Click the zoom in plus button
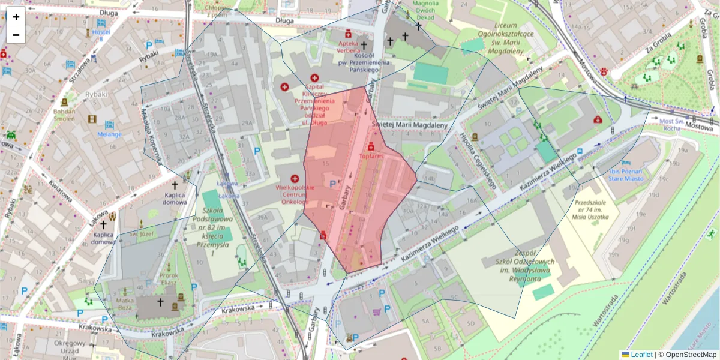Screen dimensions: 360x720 (x=16, y=17)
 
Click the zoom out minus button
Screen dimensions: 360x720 (x=16, y=35)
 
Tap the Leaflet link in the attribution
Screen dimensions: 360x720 (x=641, y=355)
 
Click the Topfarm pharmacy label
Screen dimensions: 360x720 (x=371, y=156)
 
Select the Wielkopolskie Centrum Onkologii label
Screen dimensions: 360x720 (x=295, y=194)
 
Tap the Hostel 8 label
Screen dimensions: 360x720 (x=101, y=35)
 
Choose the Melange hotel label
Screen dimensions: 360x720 (x=110, y=134)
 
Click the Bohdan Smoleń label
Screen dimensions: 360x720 (x=64, y=115)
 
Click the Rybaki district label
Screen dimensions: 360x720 (x=95, y=94)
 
